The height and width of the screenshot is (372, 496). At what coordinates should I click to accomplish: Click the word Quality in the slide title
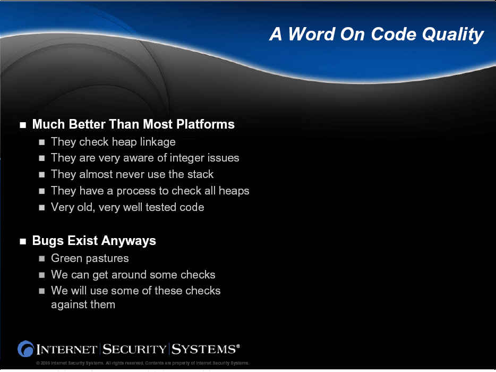[452, 34]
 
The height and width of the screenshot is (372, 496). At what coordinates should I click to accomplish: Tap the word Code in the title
[393, 33]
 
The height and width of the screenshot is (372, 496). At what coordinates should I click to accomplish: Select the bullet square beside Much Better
[23, 125]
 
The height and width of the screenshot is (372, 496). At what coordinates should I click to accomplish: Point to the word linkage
[158, 142]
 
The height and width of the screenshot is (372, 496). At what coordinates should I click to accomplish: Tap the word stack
[200, 174]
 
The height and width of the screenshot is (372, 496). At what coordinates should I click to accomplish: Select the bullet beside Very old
[42, 208]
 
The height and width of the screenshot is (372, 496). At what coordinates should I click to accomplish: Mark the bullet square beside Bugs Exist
[23, 242]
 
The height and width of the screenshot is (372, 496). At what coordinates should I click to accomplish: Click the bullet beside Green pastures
[42, 259]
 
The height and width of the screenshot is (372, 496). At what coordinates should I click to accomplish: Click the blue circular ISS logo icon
[25, 349]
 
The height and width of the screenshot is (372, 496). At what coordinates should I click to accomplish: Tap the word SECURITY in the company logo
[134, 349]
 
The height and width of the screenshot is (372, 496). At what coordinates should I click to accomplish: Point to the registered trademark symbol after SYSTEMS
[238, 346]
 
